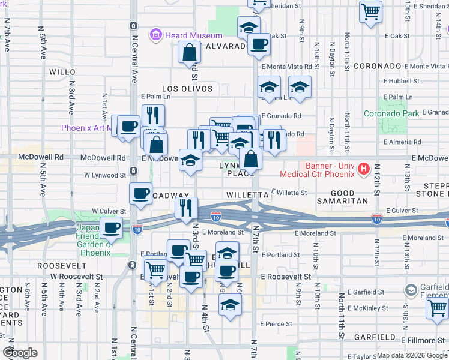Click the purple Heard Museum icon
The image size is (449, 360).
pyautogui.click(x=156, y=35)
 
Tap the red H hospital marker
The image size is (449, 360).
pyautogui.click(x=363, y=170)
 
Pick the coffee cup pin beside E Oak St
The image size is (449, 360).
pyautogui.click(x=259, y=44)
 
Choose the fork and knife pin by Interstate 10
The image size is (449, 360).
pyautogui.click(x=187, y=208)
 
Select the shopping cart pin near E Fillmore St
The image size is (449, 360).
pyautogui.click(x=437, y=308)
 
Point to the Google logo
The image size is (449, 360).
pyautogui.click(x=19, y=353)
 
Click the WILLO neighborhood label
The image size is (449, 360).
pyautogui.click(x=62, y=71)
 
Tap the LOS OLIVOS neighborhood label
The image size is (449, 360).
pyautogui.click(x=187, y=88)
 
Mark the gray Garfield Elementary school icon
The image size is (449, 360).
pyautogui.click(x=411, y=291)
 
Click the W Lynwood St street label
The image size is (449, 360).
pyautogui.click(x=105, y=175)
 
